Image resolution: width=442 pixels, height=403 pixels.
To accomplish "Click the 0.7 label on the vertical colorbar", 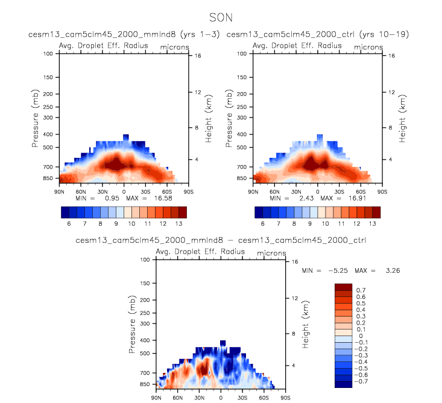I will [x=361, y=290].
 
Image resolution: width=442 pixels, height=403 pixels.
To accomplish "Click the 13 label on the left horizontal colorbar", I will [x=175, y=223].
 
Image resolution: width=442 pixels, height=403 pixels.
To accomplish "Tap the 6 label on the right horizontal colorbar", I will [x=262, y=223].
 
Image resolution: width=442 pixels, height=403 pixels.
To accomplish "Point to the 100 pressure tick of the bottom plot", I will [x=145, y=260].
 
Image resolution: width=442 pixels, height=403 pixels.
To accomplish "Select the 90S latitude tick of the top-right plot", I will [x=382, y=192].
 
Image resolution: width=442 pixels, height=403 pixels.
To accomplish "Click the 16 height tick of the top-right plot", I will [x=391, y=56].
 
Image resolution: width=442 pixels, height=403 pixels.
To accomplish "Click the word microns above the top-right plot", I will [x=368, y=46].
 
